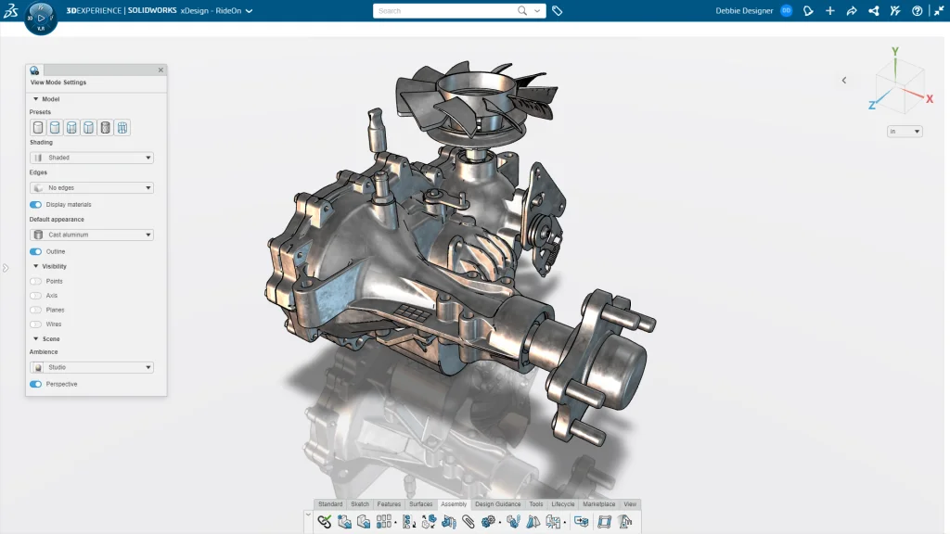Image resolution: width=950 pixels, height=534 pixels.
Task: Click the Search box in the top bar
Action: (445, 11)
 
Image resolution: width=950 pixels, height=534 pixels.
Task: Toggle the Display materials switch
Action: (36, 204)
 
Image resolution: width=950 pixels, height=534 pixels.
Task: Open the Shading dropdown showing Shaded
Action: (92, 158)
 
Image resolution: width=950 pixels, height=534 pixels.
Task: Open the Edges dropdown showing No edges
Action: (92, 188)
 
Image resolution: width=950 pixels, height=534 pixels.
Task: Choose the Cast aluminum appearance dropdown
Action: (92, 235)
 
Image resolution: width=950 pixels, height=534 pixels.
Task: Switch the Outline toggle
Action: (36, 251)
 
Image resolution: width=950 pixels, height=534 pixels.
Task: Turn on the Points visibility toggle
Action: (36, 281)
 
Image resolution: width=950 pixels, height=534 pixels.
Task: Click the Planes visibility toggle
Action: (36, 310)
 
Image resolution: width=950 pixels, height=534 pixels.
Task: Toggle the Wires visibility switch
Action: (36, 324)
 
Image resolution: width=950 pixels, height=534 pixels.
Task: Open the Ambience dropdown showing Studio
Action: (92, 368)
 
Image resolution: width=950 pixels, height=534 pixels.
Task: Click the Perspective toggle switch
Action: (36, 384)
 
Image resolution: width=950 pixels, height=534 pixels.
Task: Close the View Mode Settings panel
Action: (160, 70)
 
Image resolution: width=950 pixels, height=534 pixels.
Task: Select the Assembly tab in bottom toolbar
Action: (454, 504)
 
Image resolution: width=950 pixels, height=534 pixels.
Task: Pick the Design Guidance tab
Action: (498, 504)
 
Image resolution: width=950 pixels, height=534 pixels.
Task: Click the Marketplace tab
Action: (598, 504)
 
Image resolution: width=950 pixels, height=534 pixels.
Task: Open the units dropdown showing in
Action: (905, 132)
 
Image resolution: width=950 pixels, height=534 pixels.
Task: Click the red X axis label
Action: (929, 97)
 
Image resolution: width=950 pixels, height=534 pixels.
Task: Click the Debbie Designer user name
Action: (745, 11)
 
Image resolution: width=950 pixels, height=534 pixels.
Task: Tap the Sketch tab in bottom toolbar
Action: (360, 504)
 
